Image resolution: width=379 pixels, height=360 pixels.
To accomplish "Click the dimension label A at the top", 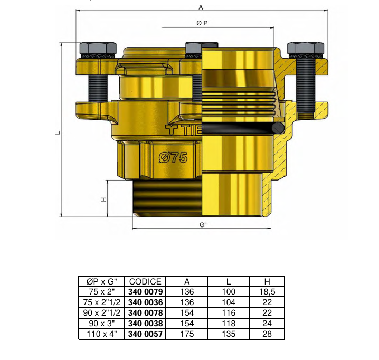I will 201,7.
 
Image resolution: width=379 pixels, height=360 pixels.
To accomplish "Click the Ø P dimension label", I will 202,23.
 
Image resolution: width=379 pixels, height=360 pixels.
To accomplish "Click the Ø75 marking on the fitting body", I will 173,158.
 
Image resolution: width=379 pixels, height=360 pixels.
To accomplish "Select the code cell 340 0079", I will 145,291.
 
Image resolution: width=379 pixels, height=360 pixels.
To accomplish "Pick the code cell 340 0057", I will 145,334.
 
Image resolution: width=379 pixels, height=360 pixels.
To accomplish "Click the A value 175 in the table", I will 187,334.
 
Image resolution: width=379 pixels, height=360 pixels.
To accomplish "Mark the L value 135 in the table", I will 228,334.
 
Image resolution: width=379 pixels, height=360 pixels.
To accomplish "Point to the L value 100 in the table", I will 228,291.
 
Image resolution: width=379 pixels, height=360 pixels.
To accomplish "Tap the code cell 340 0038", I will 145,324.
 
